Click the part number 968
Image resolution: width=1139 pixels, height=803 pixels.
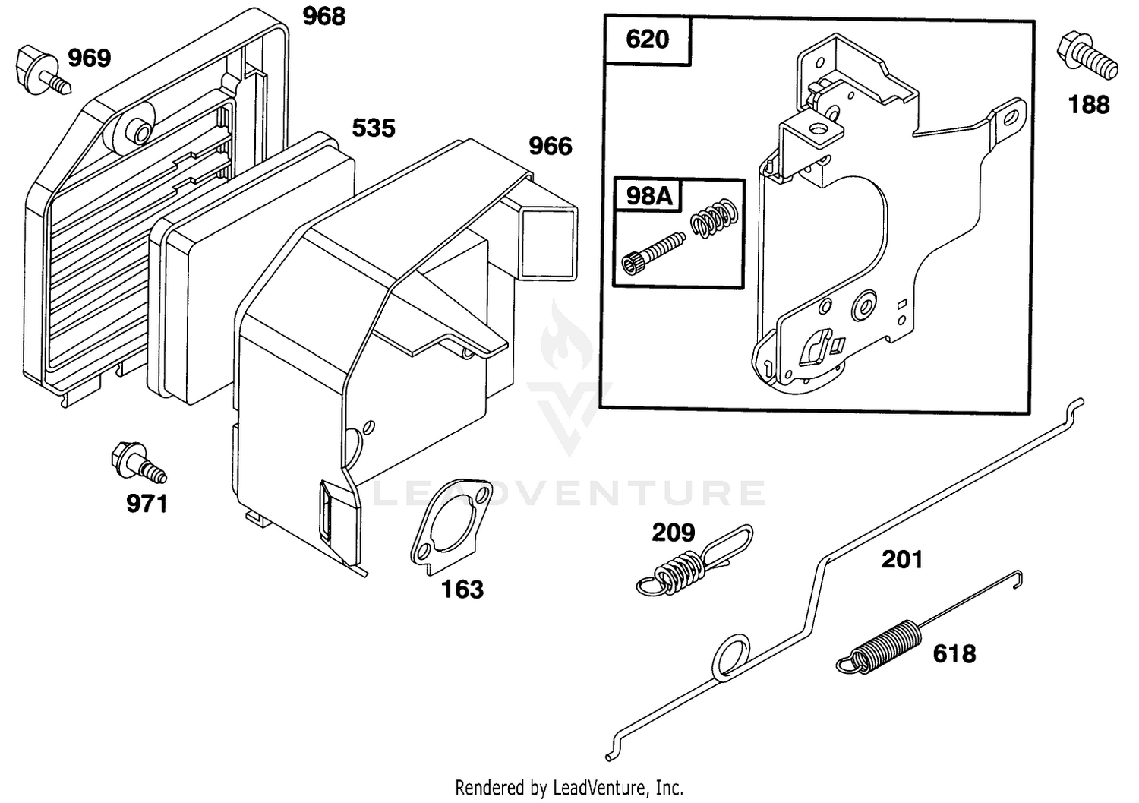324,16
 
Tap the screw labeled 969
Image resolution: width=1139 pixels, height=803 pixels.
43,71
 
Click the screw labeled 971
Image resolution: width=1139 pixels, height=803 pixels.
137,463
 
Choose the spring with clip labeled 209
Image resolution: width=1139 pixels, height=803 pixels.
694,561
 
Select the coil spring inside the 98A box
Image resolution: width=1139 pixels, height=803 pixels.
714,218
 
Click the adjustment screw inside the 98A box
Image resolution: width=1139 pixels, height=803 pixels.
653,254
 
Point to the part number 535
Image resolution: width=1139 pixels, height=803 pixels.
374,128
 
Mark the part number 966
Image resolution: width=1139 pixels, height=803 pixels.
551,146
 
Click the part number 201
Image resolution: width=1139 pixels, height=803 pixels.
902,560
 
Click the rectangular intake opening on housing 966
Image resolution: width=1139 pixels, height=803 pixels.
549,243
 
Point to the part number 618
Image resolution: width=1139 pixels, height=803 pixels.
954,654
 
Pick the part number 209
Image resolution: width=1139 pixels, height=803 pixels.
674,533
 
